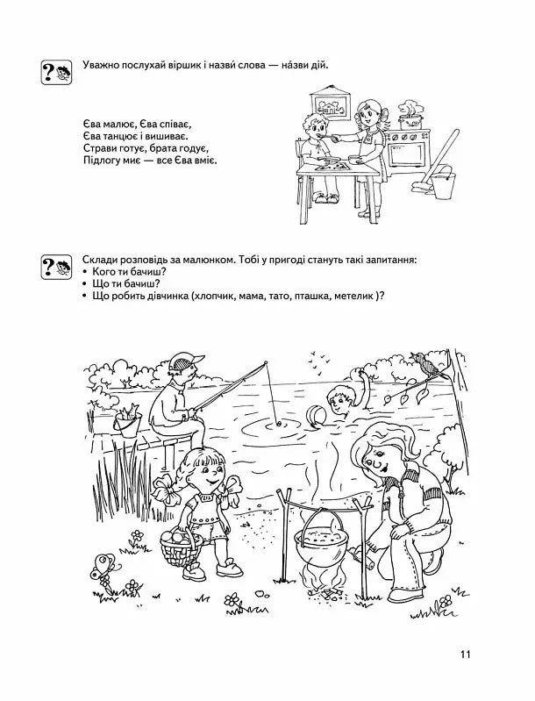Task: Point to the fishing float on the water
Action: coord(280,422)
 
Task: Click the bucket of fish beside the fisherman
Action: coord(129,424)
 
